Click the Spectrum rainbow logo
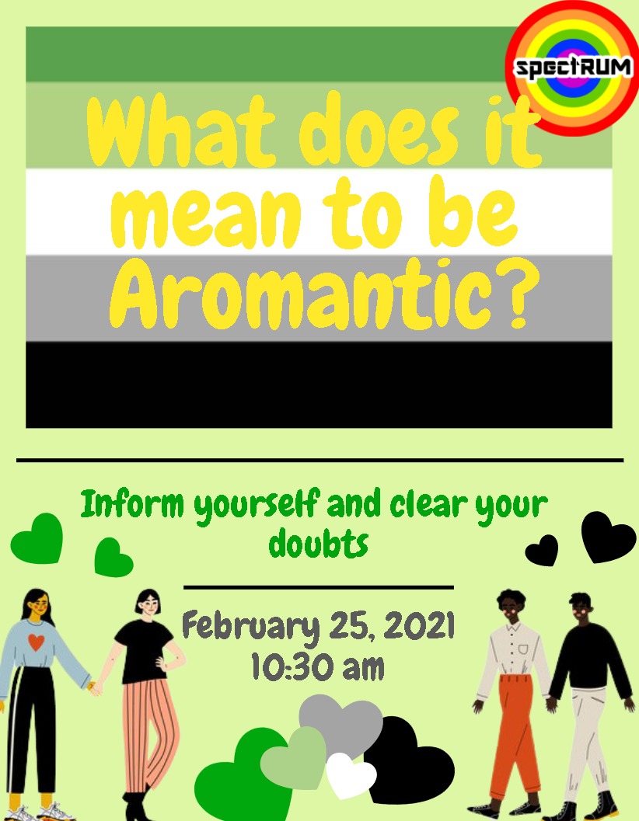click(573, 68)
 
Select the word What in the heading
click(183, 132)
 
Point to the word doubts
click(318, 544)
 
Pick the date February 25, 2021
click(318, 627)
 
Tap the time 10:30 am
click(318, 667)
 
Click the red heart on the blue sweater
click(35, 643)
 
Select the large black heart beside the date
click(609, 536)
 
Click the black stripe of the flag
click(319, 384)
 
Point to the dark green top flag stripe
click(264, 54)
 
